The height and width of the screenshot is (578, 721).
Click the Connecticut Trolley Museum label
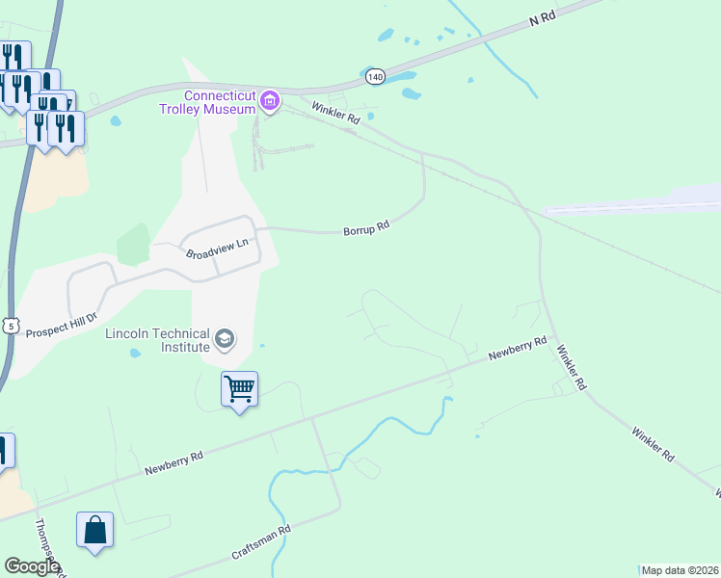coord(220,102)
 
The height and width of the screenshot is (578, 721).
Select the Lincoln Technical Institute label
coord(157,339)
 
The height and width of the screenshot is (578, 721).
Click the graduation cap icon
coord(225,339)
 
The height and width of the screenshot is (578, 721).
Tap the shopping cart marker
coord(239,389)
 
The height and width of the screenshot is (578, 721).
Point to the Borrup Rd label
coord(366,229)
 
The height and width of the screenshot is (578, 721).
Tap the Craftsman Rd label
coord(261,544)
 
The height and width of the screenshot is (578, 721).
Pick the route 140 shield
coord(376,76)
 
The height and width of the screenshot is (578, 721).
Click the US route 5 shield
coord(11,326)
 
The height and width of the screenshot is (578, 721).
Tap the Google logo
coord(32,566)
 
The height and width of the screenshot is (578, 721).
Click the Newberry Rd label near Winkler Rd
coord(518,348)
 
